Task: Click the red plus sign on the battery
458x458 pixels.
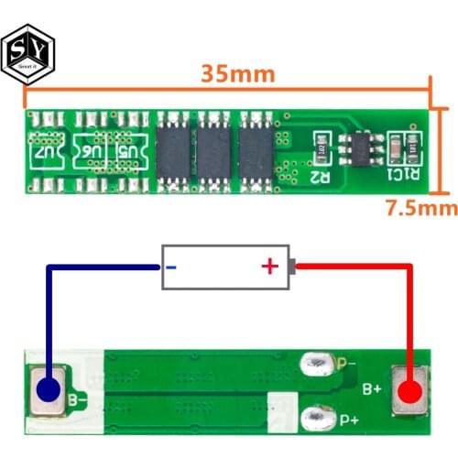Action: coord(269,267)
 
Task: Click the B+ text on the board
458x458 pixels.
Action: coord(371,389)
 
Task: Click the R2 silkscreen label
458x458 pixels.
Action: coord(319,173)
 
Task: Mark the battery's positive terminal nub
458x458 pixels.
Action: coord(292,267)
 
